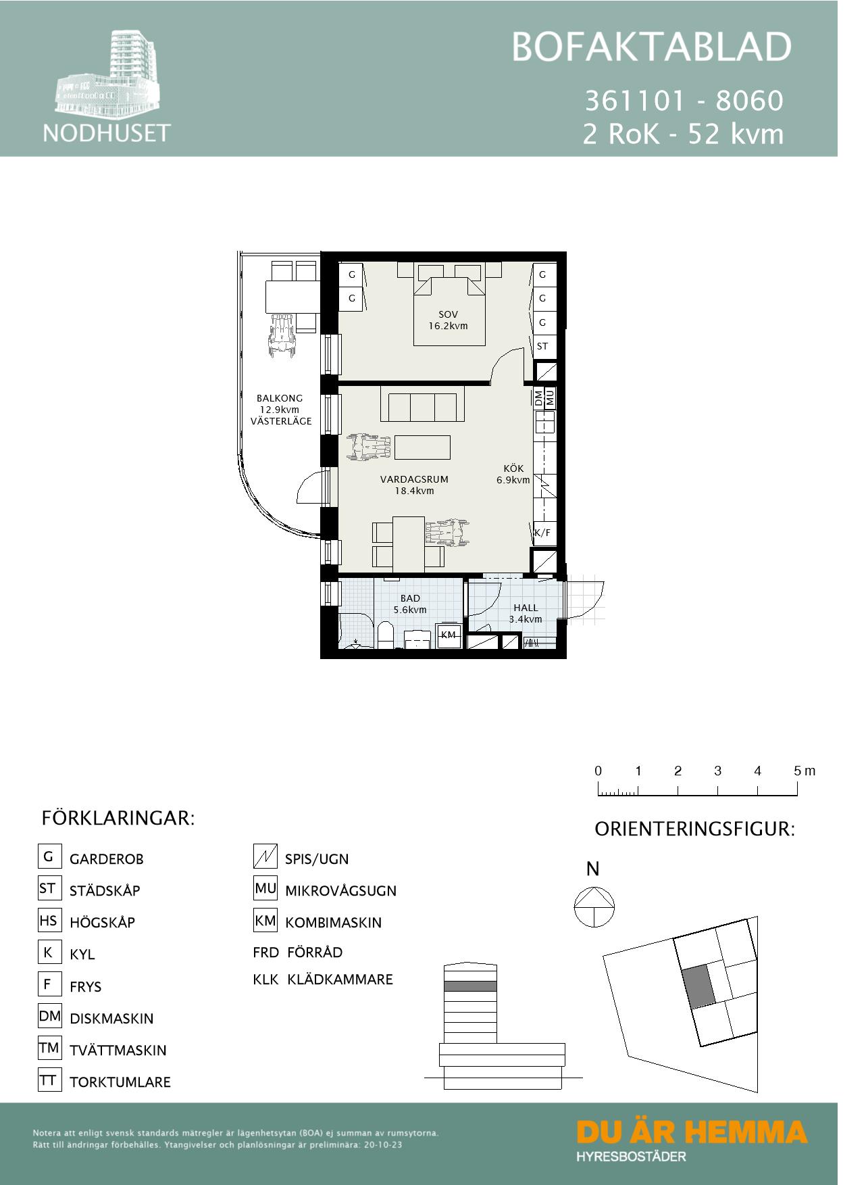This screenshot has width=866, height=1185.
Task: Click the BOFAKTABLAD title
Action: [651, 47]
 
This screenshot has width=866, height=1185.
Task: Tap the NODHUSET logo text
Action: [107, 132]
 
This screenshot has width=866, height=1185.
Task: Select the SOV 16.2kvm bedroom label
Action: [448, 320]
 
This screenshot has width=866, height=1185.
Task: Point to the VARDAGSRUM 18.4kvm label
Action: [414, 485]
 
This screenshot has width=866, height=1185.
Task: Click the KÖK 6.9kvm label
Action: [513, 474]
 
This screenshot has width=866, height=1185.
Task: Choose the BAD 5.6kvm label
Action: [410, 604]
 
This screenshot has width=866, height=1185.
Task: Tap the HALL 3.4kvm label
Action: [526, 613]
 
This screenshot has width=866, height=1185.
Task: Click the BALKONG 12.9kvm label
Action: [280, 409]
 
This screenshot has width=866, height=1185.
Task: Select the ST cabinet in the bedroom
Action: [542, 346]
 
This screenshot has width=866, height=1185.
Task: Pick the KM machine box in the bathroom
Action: [449, 635]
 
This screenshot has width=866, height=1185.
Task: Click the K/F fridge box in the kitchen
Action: [542, 533]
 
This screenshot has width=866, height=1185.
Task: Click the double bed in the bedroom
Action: [449, 308]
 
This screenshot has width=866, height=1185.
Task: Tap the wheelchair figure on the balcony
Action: [282, 336]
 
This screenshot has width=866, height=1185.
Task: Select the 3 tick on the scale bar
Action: [717, 789]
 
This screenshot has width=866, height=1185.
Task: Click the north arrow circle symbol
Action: [594, 907]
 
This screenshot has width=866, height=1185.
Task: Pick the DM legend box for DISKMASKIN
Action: [49, 1016]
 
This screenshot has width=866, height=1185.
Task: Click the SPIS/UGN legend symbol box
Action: [265, 857]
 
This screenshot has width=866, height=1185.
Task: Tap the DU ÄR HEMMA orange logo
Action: [692, 1132]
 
